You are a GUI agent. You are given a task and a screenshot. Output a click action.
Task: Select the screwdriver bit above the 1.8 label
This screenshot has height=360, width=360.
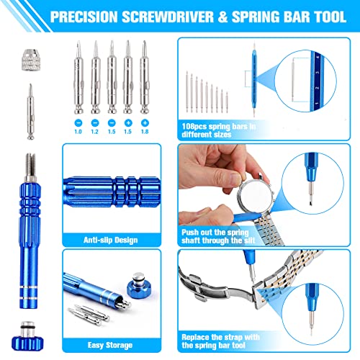pyautogui.click(x=145, y=79)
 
